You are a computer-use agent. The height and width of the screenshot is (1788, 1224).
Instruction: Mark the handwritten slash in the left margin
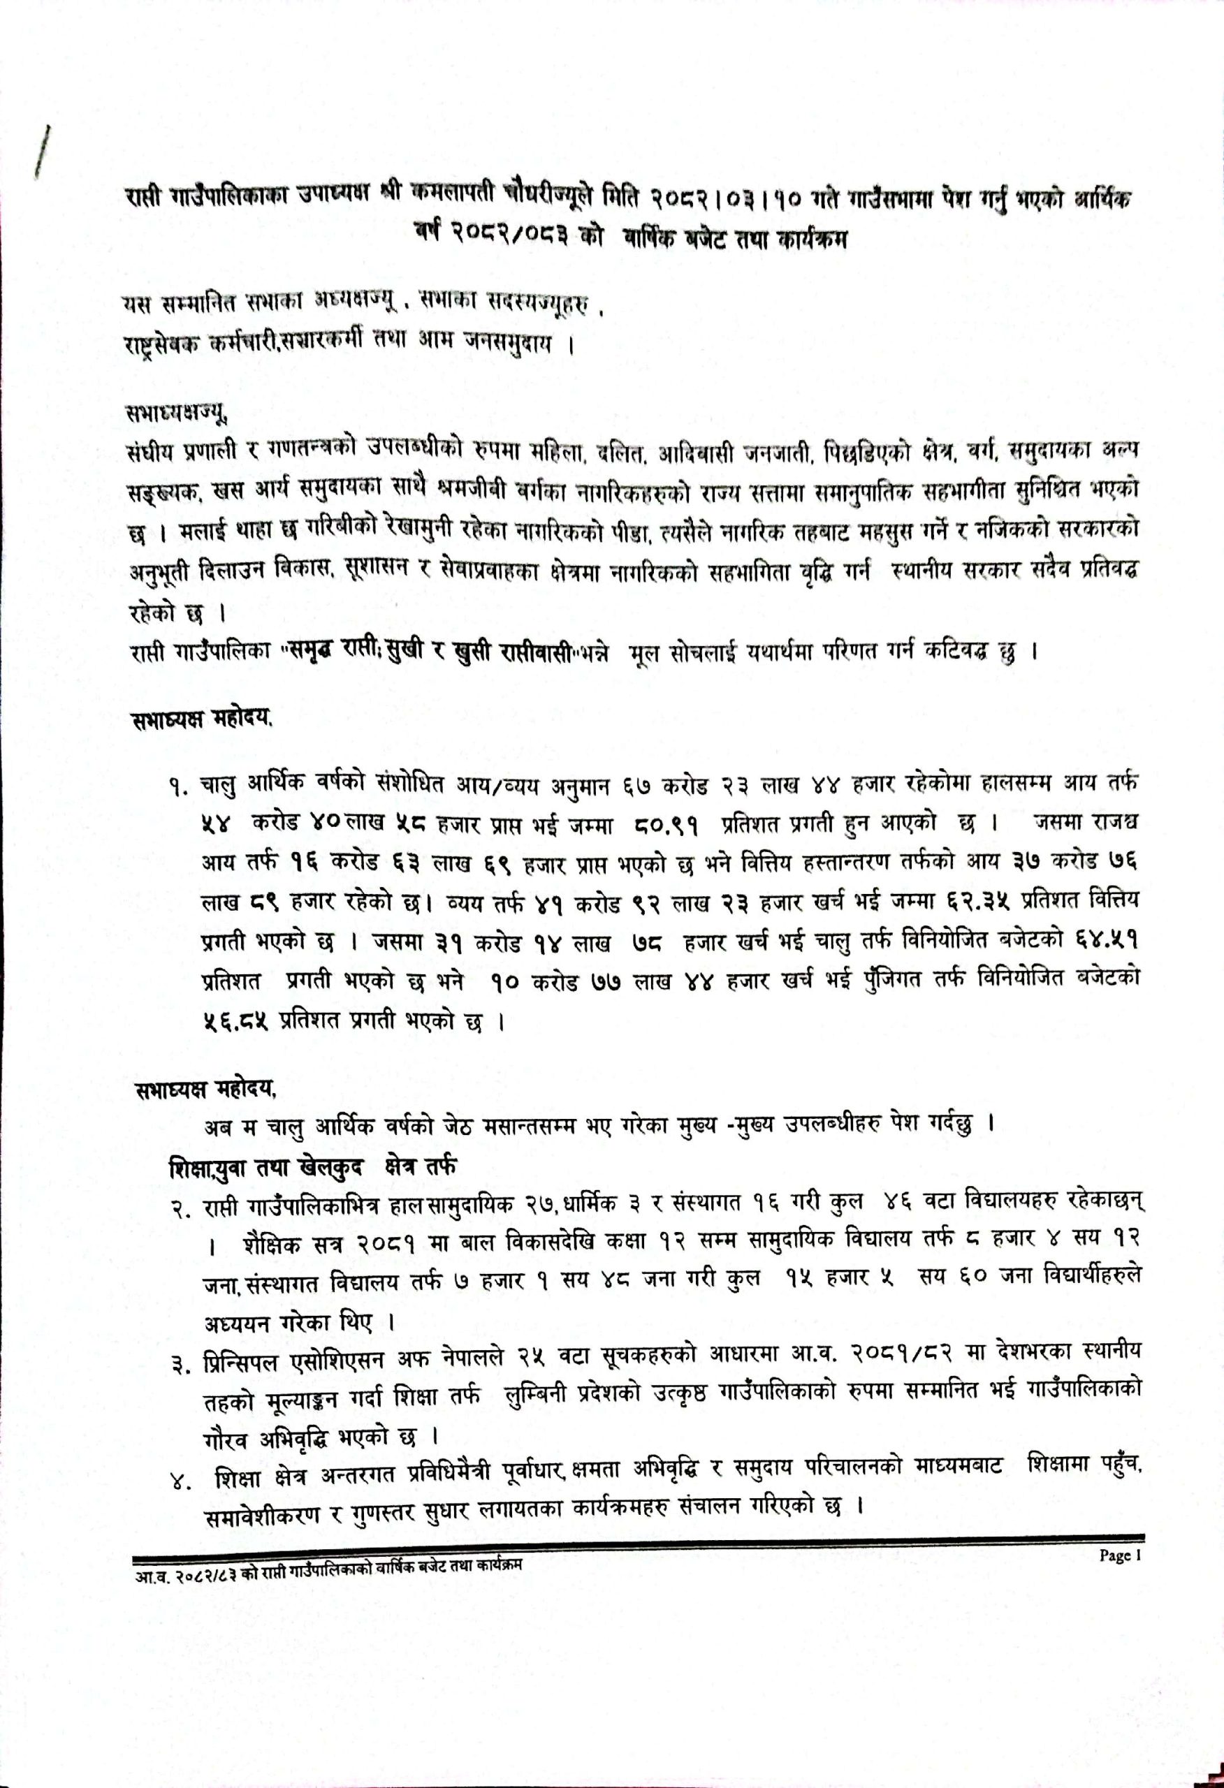pyautogui.click(x=43, y=152)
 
